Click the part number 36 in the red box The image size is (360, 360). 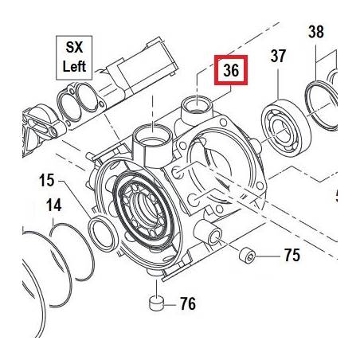click(231, 70)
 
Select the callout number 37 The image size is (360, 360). click(278, 56)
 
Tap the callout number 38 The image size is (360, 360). click(316, 32)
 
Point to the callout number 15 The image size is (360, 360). click(47, 181)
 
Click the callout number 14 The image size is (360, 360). click(53, 205)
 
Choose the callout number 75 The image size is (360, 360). click(292, 255)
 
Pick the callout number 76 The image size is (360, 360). click(188, 303)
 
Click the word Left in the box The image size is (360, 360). click(74, 66)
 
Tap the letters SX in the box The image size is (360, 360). click(74, 48)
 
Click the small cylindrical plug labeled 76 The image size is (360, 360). click(157, 303)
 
